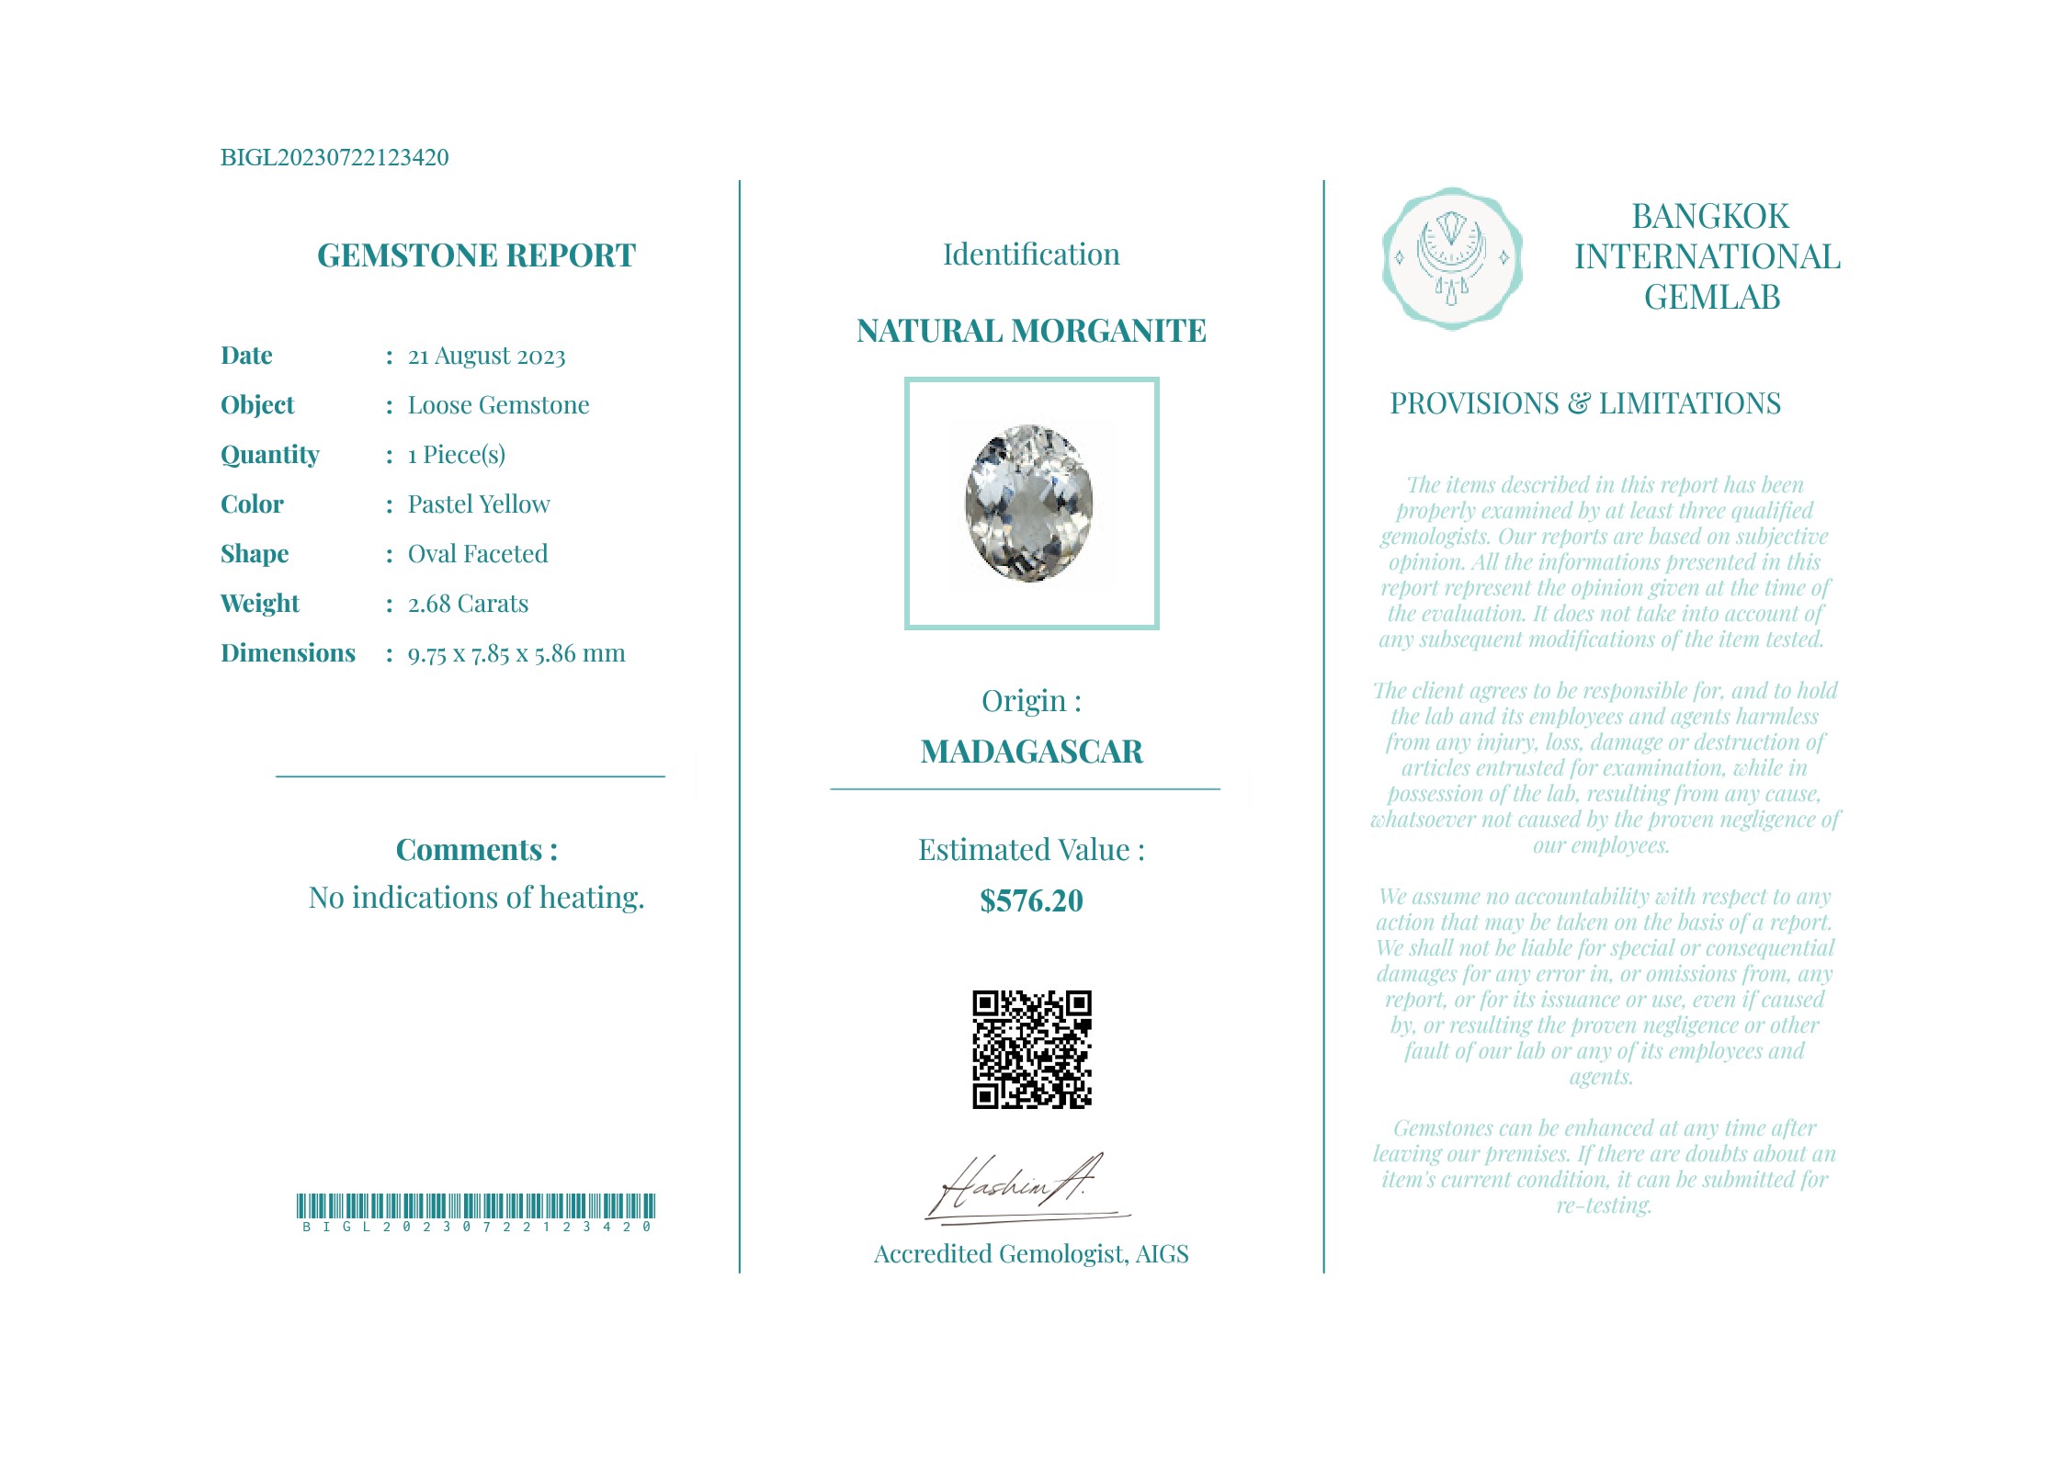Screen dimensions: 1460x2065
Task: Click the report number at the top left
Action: point(335,158)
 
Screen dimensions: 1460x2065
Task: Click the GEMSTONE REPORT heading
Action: point(476,255)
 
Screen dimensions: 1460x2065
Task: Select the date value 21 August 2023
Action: point(486,357)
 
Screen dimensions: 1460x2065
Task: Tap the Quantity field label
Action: point(270,455)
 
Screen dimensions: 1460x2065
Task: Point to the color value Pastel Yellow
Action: point(479,504)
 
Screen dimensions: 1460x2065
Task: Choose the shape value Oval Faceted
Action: point(478,554)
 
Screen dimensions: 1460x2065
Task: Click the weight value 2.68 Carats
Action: point(468,604)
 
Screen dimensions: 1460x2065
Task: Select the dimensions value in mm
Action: point(516,653)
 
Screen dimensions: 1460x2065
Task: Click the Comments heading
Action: point(476,850)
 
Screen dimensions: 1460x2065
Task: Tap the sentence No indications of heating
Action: point(476,898)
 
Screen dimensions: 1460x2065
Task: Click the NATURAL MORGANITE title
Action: point(1031,331)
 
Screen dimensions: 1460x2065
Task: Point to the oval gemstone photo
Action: point(1029,503)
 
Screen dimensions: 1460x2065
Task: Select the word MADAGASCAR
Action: point(1031,752)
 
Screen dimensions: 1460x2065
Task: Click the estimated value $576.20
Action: point(1031,900)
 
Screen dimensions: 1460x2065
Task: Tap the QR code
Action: point(1031,1049)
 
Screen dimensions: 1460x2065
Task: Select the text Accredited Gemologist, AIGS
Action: point(1031,1254)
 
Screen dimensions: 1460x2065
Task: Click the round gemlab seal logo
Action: point(1452,258)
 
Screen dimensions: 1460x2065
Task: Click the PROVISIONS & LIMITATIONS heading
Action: point(1585,403)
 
